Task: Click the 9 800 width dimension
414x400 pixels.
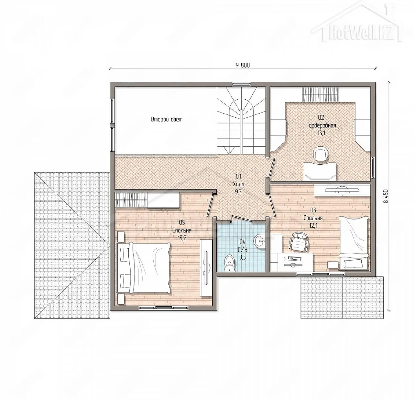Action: [x=243, y=65]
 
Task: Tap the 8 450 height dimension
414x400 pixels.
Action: [x=387, y=196]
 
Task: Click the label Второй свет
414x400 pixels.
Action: [x=167, y=119]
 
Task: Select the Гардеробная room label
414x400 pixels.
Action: [x=321, y=125]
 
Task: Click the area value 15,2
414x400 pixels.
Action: [x=182, y=238]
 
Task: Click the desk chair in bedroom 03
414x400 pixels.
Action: [x=298, y=242]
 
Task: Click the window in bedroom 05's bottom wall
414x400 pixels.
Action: [x=163, y=307]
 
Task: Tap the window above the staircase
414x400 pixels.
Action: [x=241, y=84]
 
